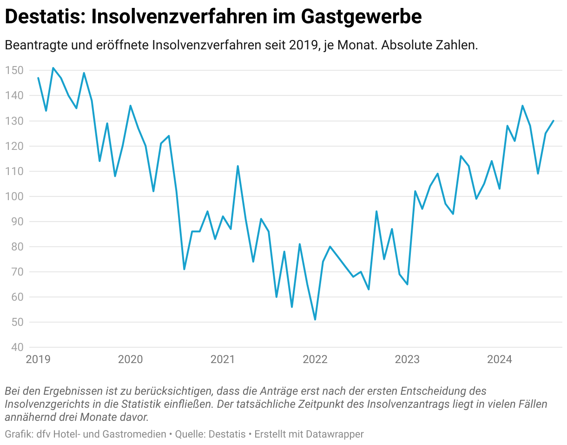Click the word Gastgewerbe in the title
pos(361,17)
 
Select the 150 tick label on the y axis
pos(14,71)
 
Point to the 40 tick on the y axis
pos(16,347)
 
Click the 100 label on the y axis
pos(14,196)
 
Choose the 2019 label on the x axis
pos(38,359)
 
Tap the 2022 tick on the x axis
pos(315,359)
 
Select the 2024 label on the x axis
pos(499,359)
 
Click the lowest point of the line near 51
pos(315,319)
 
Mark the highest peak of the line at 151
pos(53,68)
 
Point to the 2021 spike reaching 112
pos(238,166)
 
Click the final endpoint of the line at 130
pos(554,121)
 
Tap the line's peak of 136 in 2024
pos(522,106)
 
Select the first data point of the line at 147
pos(38,78)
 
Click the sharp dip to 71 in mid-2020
pos(184,269)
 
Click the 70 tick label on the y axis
pos(16,272)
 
